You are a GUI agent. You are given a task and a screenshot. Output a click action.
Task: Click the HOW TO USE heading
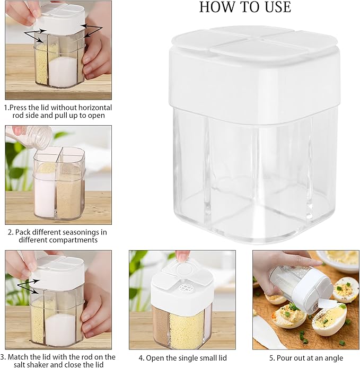pyautogui.click(x=245, y=7)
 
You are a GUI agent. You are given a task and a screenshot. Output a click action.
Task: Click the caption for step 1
pyautogui.click(x=58, y=111)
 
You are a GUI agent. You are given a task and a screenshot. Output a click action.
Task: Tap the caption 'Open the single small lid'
pyautogui.click(x=182, y=358)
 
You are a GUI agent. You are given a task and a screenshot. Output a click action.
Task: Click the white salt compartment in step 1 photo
pyautogui.click(x=64, y=71)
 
